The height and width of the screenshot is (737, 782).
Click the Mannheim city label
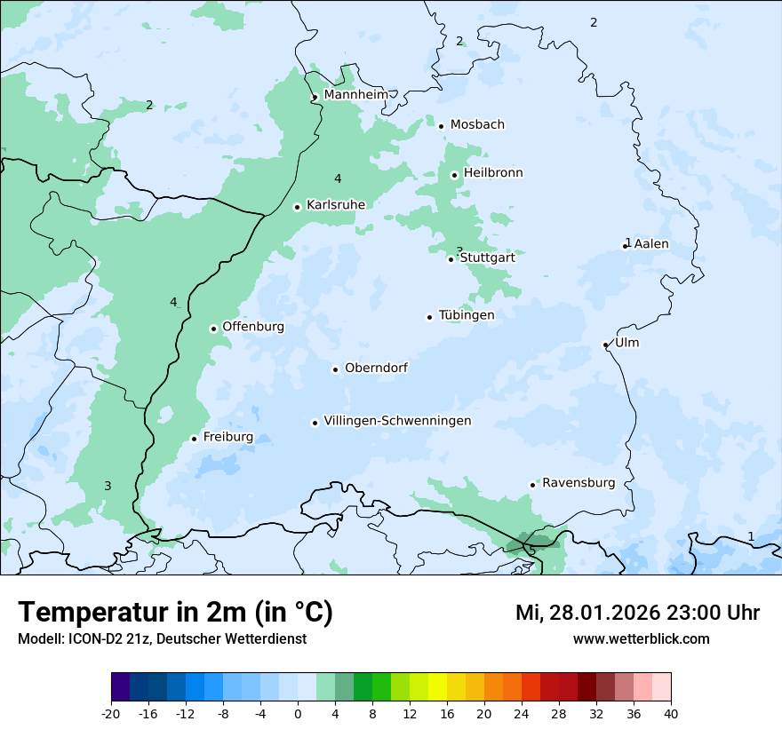[355, 94]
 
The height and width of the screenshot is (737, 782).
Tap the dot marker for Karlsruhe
[298, 207]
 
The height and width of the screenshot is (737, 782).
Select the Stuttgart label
[487, 258]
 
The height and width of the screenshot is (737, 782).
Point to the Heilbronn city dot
[454, 175]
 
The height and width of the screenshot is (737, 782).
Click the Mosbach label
[477, 124]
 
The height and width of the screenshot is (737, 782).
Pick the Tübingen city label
[467, 315]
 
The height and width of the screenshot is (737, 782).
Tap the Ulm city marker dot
[606, 345]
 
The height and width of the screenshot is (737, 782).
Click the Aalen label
[651, 243]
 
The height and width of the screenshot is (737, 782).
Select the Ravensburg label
[579, 483]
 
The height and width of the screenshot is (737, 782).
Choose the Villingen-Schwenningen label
[397, 421]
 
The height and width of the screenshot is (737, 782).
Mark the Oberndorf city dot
[336, 369]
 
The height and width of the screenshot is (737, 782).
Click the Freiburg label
[227, 437]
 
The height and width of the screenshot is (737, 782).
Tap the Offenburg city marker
[213, 329]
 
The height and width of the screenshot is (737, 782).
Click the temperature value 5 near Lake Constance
[532, 551]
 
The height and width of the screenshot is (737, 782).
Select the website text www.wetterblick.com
[641, 639]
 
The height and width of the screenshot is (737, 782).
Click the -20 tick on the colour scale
[111, 714]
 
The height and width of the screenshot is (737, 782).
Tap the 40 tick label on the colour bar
[671, 714]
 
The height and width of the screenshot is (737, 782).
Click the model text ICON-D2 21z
[111, 639]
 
